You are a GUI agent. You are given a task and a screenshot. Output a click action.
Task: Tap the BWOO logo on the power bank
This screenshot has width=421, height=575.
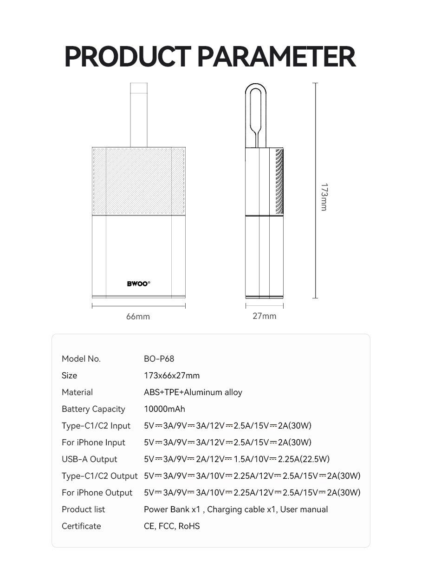(138, 284)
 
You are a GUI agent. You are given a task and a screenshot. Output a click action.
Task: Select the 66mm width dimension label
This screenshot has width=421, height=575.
(138, 317)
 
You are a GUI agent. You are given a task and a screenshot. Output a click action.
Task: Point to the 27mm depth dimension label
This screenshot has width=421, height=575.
(264, 316)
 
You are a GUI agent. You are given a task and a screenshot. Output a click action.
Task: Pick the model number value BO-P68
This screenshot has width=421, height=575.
(159, 359)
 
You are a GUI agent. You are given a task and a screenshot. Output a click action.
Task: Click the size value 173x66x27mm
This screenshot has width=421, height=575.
(172, 376)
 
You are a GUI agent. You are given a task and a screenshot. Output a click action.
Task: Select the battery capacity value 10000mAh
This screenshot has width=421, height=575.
(164, 409)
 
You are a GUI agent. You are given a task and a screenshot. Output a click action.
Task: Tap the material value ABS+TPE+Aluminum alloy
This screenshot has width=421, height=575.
(193, 392)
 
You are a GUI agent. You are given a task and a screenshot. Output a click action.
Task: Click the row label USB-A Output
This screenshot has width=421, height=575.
(90, 459)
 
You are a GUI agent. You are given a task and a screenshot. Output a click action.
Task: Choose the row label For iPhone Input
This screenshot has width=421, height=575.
(93, 443)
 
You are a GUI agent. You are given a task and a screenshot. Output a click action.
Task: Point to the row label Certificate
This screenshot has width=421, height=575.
(81, 526)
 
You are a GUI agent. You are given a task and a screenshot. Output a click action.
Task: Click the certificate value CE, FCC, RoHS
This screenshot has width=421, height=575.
(172, 526)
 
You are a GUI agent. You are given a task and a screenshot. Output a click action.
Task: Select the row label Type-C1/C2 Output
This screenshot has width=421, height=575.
(99, 476)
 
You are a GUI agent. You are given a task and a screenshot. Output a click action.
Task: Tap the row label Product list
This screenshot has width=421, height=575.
(84, 509)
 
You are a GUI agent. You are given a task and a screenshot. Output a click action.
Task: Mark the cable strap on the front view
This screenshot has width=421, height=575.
(139, 115)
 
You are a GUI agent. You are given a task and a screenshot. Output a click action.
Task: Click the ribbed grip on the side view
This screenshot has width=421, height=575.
(279, 181)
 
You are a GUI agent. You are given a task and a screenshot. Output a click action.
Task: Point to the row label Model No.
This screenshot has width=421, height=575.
(81, 359)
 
